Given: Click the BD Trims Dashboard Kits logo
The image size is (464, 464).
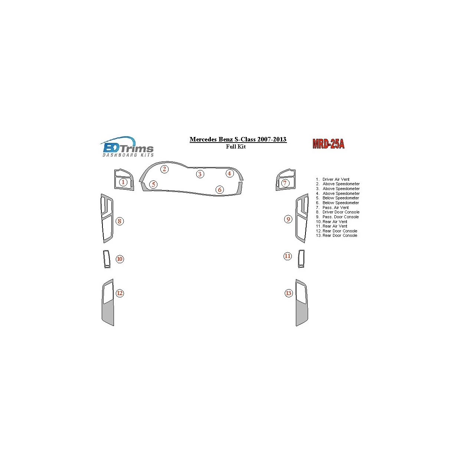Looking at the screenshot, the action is coord(127,147).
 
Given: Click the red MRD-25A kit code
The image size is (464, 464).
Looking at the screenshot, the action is coord(328,144).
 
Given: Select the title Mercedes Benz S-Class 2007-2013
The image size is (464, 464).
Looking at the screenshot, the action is coord(238,140).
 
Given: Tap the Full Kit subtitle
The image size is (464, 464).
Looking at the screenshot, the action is coord(236,146).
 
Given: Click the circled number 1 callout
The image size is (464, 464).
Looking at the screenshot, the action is coord(123,182).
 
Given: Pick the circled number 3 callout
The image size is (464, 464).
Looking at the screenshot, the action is coord(200,174).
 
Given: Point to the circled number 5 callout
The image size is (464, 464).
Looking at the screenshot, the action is coord(153,184).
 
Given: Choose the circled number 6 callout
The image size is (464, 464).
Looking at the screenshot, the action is coord(220,190).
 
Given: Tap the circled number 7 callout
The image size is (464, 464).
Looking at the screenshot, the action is coord(285,183).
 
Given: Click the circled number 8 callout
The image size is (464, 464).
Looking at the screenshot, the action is coord(120,221).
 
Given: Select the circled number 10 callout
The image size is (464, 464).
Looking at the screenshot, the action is coord(120,259).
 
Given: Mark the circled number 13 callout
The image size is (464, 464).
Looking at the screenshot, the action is coord(289,293).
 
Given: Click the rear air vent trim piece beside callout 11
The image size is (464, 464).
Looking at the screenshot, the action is coord(301,258).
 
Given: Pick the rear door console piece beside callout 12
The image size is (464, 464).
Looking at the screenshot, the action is coord(108,303).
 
